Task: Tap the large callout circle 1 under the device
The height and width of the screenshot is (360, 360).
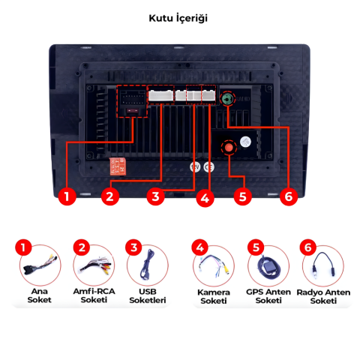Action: pyautogui.click(x=67, y=197)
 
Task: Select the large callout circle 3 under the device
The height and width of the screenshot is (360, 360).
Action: pyautogui.click(x=155, y=197)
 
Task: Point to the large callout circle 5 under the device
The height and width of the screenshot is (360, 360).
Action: pyautogui.click(x=241, y=197)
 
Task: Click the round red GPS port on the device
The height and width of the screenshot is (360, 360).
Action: pyautogui.click(x=226, y=148)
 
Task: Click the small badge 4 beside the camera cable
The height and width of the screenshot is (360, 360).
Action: pyautogui.click(x=199, y=247)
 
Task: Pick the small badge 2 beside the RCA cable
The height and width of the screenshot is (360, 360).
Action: pyautogui.click(x=79, y=247)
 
